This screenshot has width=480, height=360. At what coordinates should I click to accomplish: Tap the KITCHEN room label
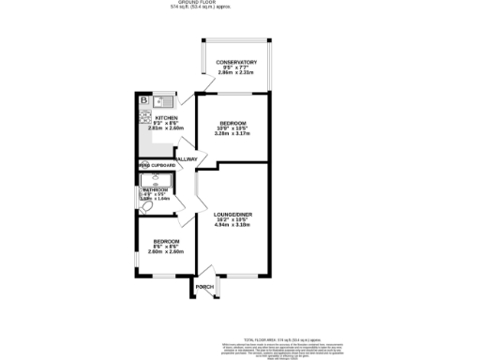[x=155, y=118]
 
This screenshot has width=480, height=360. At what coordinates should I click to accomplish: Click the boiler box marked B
[x=143, y=100]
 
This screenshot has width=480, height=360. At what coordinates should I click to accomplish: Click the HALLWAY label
[x=185, y=159]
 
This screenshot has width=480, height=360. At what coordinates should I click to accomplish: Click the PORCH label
[x=205, y=285]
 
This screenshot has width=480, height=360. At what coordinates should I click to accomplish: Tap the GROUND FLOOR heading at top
[x=240, y=5]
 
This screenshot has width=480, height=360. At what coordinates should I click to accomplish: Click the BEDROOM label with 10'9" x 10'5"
[x=231, y=122]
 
